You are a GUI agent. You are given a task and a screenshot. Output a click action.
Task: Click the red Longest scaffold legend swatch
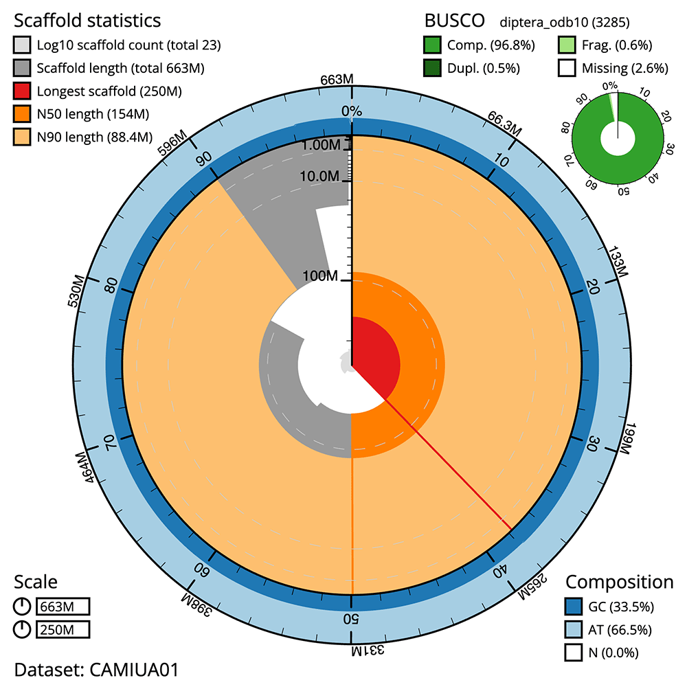tap(22, 91)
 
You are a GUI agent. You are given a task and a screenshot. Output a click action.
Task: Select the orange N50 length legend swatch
tap(22, 113)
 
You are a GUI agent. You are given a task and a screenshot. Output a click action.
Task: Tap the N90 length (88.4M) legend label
tap(95, 137)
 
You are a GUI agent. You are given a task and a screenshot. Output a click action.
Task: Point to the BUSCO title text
tap(453, 19)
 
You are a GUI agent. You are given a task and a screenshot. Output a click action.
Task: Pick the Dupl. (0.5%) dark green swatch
tap(433, 68)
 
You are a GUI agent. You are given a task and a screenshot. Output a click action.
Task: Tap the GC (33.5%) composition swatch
tap(574, 607)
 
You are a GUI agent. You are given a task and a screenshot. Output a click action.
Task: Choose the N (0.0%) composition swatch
tap(574, 652)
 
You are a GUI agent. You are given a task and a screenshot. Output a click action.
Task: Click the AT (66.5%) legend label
tap(620, 629)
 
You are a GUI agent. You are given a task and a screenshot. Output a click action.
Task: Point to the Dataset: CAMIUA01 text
tap(96, 670)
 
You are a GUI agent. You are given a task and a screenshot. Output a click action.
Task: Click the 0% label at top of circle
tap(352, 111)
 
